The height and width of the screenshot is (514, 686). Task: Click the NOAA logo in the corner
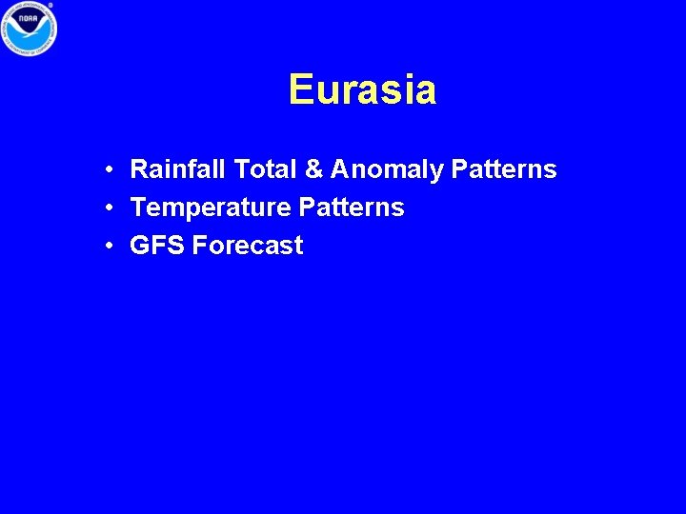coord(29,29)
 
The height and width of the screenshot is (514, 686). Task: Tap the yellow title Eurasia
coord(362,90)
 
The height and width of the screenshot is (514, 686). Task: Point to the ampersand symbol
coord(313,170)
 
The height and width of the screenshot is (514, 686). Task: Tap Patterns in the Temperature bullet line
coord(352,208)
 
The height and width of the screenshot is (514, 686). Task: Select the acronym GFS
coord(157,246)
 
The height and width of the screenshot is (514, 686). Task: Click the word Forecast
coord(248,246)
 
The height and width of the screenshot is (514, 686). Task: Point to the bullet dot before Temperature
coord(111,208)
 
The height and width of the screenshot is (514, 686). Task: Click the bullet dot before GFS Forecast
coord(111,247)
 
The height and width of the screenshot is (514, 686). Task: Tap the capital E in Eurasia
coord(300,90)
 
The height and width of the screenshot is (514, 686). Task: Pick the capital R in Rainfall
coord(139,170)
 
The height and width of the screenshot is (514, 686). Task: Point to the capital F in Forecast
coord(199,246)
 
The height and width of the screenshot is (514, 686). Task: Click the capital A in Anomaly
coord(340,170)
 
